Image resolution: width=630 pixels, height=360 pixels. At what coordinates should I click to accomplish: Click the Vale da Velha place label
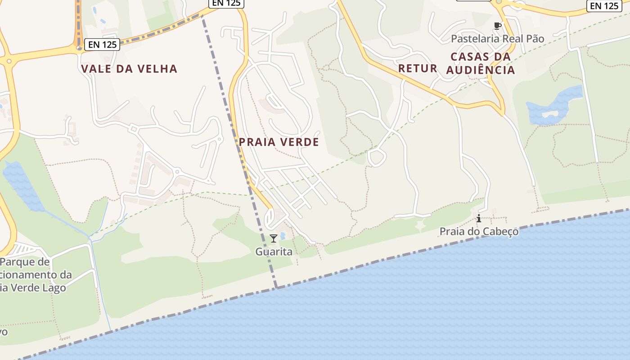(x=129, y=69)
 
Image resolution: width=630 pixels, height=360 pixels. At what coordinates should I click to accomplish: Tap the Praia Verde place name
(x=279, y=142)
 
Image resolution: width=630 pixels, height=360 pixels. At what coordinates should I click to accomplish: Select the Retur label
(x=418, y=68)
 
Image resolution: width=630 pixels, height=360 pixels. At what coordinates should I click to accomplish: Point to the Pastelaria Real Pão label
(x=497, y=39)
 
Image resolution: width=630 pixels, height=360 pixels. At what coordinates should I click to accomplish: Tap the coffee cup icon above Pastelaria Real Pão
(x=497, y=26)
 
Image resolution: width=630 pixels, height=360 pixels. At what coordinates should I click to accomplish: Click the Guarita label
(x=274, y=252)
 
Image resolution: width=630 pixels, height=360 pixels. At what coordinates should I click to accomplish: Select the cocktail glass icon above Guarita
(x=273, y=238)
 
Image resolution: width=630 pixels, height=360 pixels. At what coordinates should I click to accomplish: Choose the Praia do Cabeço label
(x=479, y=231)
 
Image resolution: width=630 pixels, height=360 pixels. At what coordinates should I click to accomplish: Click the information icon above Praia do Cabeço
(x=479, y=219)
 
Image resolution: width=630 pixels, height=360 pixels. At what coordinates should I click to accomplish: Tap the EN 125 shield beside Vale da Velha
(x=103, y=45)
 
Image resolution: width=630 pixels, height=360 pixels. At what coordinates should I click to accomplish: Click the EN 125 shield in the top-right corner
(x=604, y=5)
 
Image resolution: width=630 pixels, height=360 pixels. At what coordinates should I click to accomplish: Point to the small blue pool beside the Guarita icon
(x=283, y=236)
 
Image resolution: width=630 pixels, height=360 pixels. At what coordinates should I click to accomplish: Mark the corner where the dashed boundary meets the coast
(x=276, y=287)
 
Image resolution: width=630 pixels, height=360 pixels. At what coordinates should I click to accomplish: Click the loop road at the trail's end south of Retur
(x=377, y=158)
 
